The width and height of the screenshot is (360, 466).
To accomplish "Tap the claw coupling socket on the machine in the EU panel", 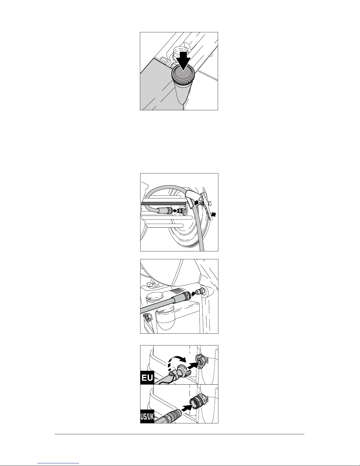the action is pos(200,362).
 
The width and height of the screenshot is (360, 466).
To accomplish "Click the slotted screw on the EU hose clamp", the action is pos(170,374).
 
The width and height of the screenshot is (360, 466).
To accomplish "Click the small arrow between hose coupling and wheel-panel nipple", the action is pos(175,211).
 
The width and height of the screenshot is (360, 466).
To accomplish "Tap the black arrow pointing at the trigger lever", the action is pos(213,214).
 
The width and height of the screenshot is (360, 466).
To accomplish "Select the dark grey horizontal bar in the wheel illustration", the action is pos(163,203).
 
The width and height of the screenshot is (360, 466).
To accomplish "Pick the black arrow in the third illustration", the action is pos(193,294).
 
